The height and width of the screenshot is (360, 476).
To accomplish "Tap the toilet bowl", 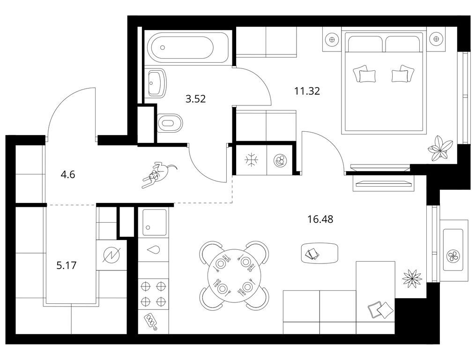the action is (x=170, y=123).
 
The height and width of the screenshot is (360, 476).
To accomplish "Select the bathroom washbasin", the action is (x=157, y=82).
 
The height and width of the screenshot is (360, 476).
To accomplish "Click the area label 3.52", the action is (x=196, y=99).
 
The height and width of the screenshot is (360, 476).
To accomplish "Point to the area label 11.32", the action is (x=307, y=91).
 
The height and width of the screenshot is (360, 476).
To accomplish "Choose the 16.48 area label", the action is (x=320, y=219).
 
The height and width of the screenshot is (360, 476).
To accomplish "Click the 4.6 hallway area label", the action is (x=67, y=175).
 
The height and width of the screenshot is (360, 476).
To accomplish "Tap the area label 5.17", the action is (x=67, y=265).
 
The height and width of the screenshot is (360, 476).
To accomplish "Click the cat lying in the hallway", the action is (x=158, y=174).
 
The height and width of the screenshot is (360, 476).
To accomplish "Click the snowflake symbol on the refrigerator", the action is (x=252, y=160).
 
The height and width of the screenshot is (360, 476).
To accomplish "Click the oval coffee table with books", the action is (x=319, y=254).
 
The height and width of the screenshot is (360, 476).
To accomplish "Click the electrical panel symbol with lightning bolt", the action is (x=112, y=255).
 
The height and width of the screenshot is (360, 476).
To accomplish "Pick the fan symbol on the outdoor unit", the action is (x=453, y=256).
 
